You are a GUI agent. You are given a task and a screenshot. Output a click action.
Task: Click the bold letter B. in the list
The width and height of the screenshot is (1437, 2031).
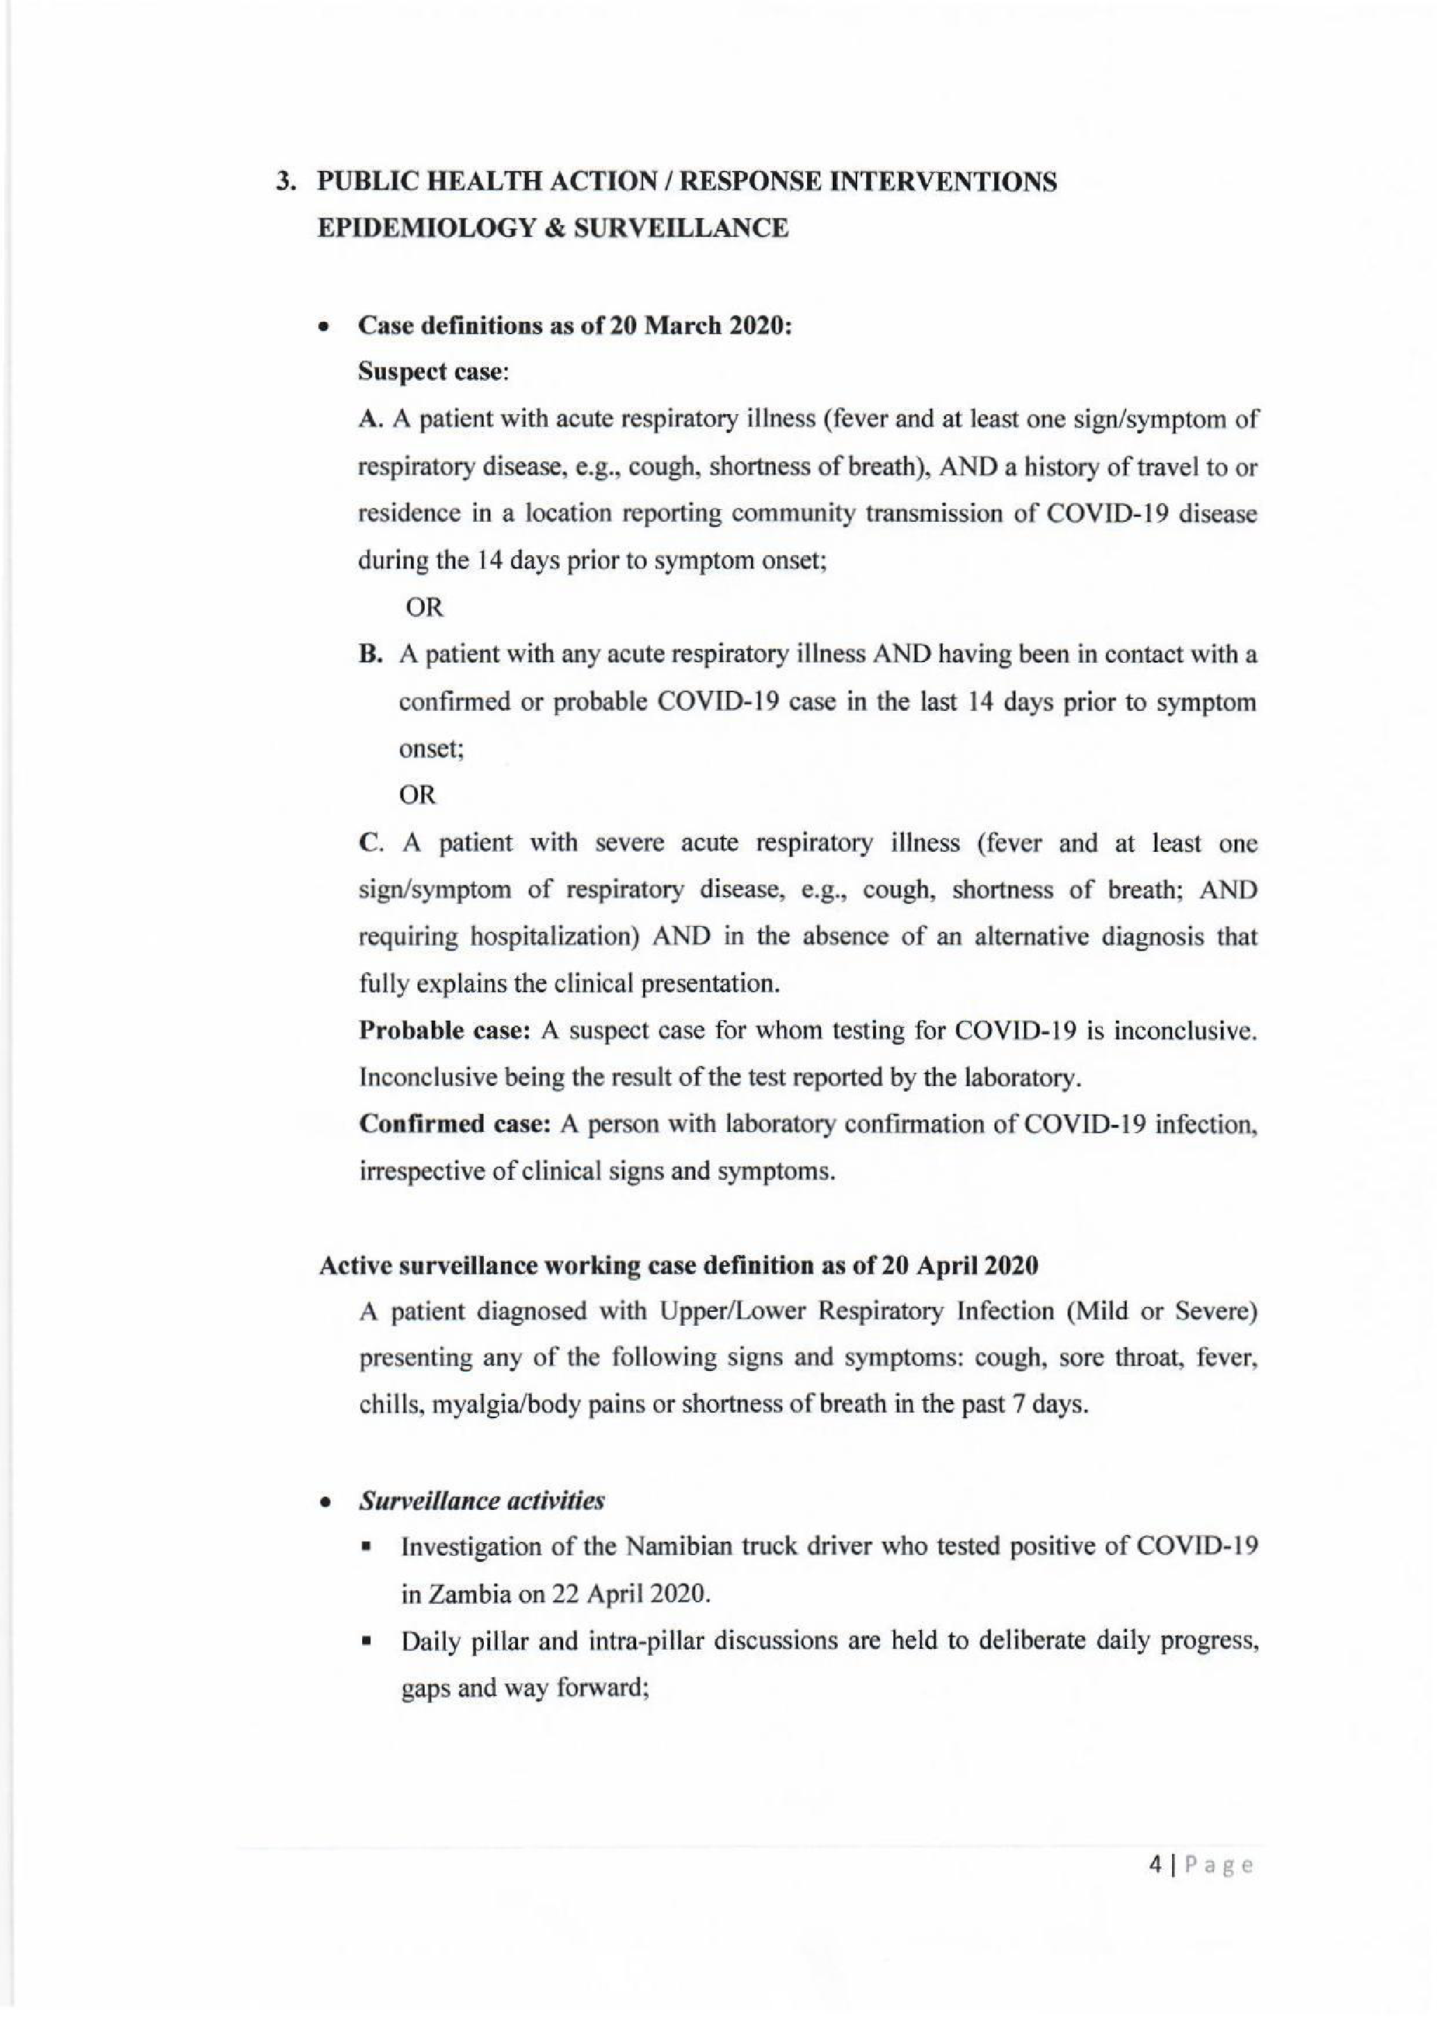point(370,655)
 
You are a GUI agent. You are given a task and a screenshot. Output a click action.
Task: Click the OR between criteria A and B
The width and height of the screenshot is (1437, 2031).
point(424,608)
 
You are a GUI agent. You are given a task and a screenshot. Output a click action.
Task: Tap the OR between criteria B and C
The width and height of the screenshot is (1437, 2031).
point(418,796)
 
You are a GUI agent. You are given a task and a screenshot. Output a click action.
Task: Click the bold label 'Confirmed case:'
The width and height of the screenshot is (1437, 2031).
point(455,1124)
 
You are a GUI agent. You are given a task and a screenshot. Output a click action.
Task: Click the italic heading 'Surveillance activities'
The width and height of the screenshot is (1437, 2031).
point(481,1501)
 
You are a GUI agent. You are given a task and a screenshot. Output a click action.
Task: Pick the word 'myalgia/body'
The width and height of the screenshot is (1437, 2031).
point(489,1406)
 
